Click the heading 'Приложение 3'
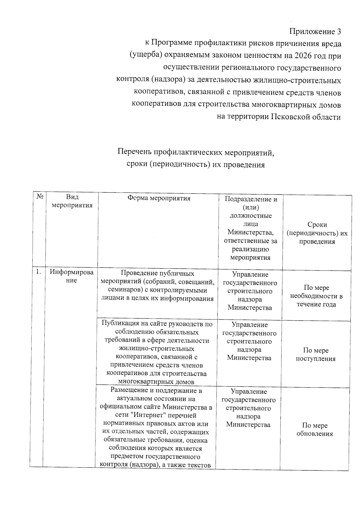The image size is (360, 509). pos(315,31)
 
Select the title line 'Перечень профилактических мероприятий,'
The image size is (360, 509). pos(196,152)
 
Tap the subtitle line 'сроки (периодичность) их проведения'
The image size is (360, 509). pos(196,164)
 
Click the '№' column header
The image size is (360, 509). pos(40,197)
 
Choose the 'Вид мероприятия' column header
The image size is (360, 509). pos(72,201)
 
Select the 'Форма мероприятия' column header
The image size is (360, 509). pos(159,198)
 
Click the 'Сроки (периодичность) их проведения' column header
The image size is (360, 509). pos(317,233)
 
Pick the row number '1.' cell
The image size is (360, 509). pos(38,272)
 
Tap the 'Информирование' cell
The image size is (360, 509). pos(72,276)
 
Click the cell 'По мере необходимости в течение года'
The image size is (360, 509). pos(316,296)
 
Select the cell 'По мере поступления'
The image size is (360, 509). pos(316,354)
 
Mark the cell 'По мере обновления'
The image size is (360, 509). pos(315,429)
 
